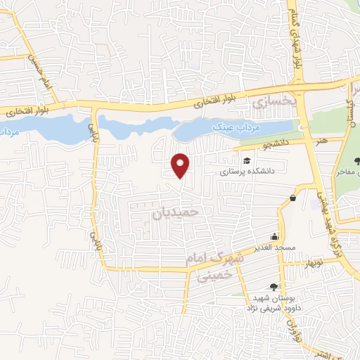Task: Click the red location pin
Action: click(181, 165)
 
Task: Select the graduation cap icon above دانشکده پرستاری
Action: click(247, 162)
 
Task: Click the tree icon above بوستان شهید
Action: click(274, 286)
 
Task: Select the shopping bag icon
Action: click(292, 198)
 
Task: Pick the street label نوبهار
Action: click(311, 262)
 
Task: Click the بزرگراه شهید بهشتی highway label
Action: click(323, 205)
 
